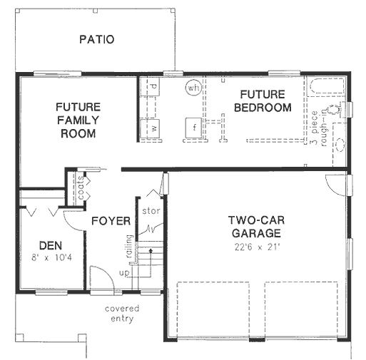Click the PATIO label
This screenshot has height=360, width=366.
coord(97,39)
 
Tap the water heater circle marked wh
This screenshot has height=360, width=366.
coord(193,88)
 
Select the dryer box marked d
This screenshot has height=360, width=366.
coord(150,86)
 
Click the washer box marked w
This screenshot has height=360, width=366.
coord(150,129)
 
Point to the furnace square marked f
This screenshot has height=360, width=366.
coord(193,128)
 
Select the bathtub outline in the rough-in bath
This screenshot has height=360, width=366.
coord(326,86)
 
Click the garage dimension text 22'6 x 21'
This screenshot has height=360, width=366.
coord(256,247)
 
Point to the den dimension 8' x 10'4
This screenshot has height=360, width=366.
coord(51,257)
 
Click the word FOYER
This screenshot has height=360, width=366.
coord(111,221)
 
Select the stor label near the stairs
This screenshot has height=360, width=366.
coord(151,211)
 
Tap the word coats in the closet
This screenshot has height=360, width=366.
coord(81,187)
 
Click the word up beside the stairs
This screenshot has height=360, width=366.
coord(124,273)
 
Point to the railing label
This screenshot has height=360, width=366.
coord(129,247)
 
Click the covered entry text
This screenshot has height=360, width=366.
coord(122,314)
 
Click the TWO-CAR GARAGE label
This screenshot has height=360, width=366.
coord(256,227)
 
